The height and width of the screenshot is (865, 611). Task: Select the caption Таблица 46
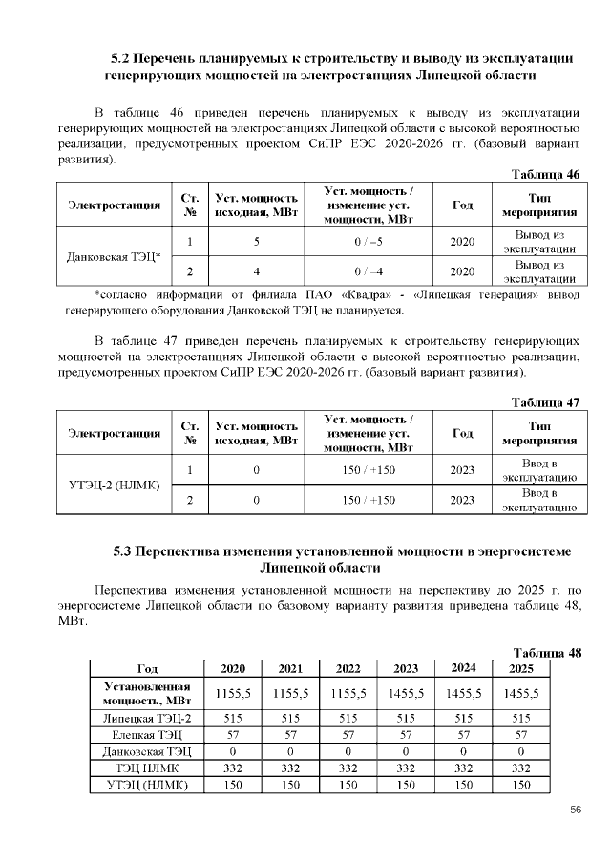coord(546,175)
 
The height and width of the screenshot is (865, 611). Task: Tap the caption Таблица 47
coord(546,402)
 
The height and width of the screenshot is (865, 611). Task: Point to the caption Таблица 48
coord(546,653)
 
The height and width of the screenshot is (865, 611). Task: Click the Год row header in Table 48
coord(147,668)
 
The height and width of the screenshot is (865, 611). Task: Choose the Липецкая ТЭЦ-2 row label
coord(147,718)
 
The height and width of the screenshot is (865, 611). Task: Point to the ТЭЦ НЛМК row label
coord(147,768)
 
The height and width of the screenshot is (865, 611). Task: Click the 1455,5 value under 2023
coord(405,693)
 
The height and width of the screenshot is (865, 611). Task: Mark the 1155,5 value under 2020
coord(232,693)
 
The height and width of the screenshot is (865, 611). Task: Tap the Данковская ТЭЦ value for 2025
coord(520,751)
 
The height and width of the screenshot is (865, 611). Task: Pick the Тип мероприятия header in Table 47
coord(539,433)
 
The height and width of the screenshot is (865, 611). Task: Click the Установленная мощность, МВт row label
coord(147,693)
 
